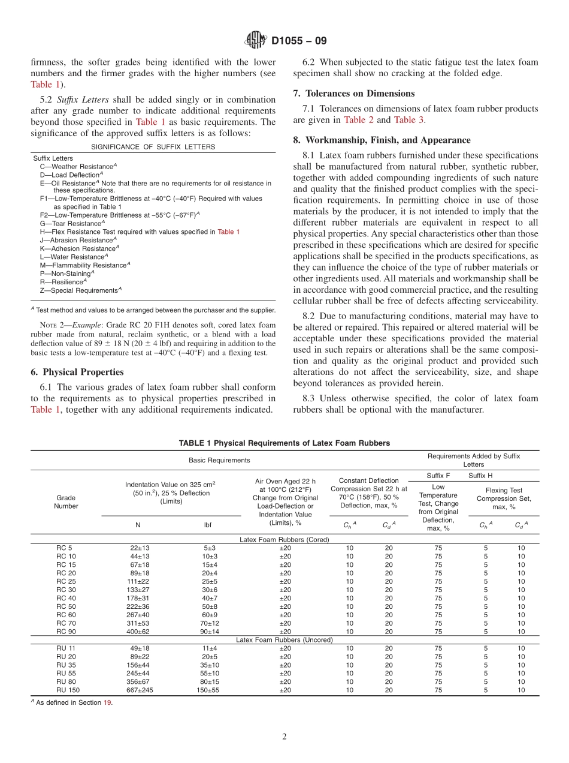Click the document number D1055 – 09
299,41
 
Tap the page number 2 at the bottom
284,737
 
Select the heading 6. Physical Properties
77,372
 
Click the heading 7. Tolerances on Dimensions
354,93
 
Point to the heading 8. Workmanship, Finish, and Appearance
382,140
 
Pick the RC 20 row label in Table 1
66,573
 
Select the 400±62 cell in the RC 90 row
138,632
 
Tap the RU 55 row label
66,673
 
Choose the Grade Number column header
66,501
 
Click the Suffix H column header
480,475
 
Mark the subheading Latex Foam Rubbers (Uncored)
284,640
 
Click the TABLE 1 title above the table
284,443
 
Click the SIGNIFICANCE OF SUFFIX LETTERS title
153,147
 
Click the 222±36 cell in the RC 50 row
138,606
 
